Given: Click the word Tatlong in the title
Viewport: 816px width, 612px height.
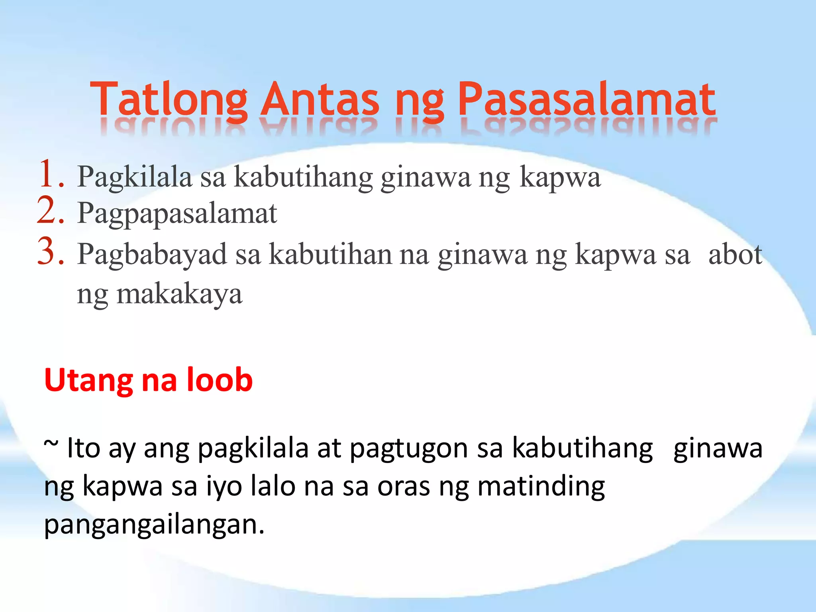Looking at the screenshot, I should click(169, 100).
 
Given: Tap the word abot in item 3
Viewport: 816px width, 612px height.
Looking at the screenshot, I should click(735, 254).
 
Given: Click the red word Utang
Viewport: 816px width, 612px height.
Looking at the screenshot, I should click(88, 381).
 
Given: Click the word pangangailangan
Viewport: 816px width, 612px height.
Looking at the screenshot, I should click(154, 525).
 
